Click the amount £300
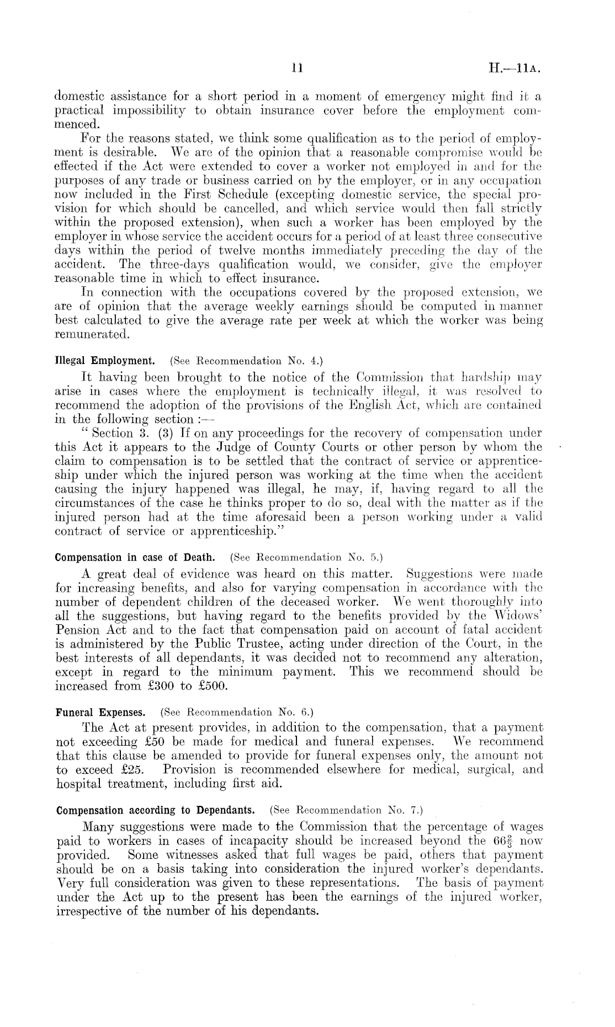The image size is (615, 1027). [149, 687]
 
